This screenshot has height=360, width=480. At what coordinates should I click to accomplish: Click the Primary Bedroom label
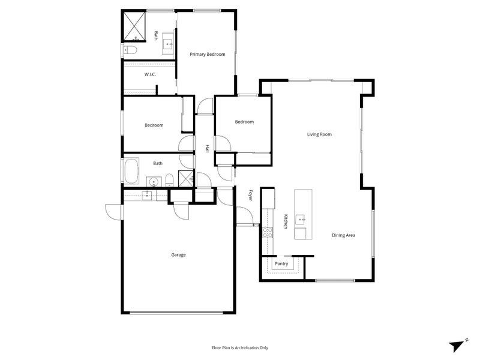click(x=207, y=55)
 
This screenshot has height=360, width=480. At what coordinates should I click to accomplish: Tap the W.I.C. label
click(x=150, y=74)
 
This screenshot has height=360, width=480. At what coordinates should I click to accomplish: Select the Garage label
click(x=178, y=254)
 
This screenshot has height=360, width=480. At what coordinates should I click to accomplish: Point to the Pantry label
click(x=281, y=263)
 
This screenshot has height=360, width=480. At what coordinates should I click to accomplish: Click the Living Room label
click(x=319, y=134)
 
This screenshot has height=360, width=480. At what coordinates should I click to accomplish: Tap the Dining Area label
click(x=343, y=235)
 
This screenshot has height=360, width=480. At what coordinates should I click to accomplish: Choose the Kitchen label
click(x=286, y=221)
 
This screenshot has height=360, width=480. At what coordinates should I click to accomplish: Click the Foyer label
click(x=250, y=196)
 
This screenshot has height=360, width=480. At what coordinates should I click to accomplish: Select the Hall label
click(x=207, y=148)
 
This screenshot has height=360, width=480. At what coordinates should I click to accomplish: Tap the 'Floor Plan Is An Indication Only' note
click(x=239, y=348)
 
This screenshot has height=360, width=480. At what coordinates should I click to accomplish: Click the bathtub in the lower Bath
click(x=131, y=171)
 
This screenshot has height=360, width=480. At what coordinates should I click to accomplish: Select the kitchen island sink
click(x=301, y=220)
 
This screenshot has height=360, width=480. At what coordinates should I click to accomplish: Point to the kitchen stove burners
click(x=268, y=233)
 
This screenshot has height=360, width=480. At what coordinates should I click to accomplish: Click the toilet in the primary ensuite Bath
click(x=130, y=50)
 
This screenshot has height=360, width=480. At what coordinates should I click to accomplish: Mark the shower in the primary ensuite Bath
click(x=134, y=26)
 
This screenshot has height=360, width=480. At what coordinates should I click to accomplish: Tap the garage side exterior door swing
click(x=113, y=212)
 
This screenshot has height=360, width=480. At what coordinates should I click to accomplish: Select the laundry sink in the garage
click(x=146, y=195)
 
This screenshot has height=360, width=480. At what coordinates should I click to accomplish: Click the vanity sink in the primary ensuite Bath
click(x=168, y=44)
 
